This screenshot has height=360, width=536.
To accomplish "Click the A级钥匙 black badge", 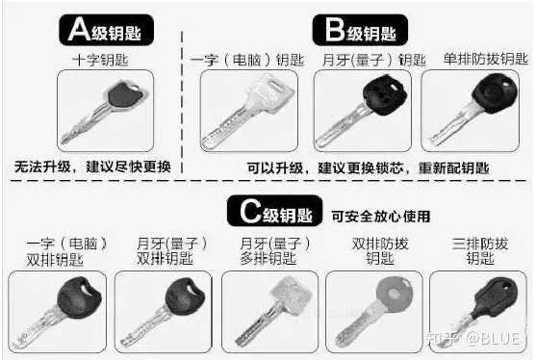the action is point(106,30).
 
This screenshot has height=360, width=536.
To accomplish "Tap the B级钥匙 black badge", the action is point(360,30).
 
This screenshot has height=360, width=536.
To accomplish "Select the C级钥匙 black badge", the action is point(275,211).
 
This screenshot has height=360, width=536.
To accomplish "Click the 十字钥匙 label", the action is point(100,60).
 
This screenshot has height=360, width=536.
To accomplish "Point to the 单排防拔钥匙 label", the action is point(485,59).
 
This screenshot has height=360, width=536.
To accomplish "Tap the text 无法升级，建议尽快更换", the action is point(92,167).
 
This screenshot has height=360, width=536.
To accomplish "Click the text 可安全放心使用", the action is point(380,216).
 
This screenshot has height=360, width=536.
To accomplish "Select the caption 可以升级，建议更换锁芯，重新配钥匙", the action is point(369,167).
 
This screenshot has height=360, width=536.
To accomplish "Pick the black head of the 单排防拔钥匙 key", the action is point(495,93).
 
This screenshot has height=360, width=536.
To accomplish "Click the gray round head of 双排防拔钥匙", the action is point(395,295).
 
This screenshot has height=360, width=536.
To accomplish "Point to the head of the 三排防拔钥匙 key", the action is point(496,297).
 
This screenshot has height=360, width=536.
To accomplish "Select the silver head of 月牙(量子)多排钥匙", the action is point(292,294).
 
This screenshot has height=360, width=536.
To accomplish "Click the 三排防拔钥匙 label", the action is point(480,251).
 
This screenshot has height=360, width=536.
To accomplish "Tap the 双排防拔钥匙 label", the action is point(380,251).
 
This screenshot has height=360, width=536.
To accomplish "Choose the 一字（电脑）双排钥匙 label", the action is point(66,251).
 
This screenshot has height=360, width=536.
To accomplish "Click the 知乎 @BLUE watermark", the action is point(473,338).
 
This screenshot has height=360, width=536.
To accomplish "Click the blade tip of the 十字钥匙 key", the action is point(63,141).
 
